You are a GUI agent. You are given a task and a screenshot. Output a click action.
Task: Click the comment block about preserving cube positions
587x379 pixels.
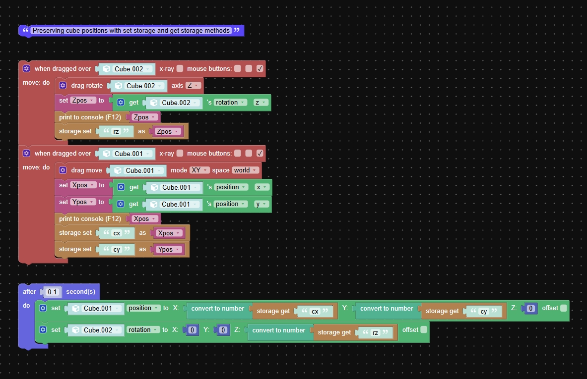coord(131,31)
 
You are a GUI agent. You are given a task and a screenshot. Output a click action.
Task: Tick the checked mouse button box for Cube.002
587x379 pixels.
coord(260,69)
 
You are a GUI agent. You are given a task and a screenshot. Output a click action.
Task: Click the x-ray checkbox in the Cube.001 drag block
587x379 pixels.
coord(180,153)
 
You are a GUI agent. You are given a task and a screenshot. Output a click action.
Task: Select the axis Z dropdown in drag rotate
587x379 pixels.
coord(193,86)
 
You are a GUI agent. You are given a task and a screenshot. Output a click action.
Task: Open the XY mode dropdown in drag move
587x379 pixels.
coord(199,170)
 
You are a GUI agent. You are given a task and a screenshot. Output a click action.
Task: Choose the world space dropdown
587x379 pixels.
coord(245,170)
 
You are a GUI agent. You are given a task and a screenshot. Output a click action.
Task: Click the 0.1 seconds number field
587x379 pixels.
coord(52,292)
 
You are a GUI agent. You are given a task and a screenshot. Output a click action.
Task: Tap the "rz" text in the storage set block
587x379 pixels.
coord(116,132)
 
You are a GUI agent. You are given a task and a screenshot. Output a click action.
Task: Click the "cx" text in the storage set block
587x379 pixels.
coord(117,233)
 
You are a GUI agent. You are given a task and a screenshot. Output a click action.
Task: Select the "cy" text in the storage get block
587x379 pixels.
coord(484,311)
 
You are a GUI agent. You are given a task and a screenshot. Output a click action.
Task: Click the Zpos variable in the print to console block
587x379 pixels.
coord(144,117)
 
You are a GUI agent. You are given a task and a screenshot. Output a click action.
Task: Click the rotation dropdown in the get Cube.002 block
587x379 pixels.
coord(230,103)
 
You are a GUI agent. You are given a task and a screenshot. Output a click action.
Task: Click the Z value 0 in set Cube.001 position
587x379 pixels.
coord(530,308)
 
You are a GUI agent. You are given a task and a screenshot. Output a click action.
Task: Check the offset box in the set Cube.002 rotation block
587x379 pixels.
coord(424,329)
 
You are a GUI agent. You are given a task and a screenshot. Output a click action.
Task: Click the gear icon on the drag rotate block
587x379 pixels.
coord(63,86)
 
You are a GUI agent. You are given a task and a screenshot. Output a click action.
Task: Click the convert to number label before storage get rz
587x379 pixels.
coord(278,330)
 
